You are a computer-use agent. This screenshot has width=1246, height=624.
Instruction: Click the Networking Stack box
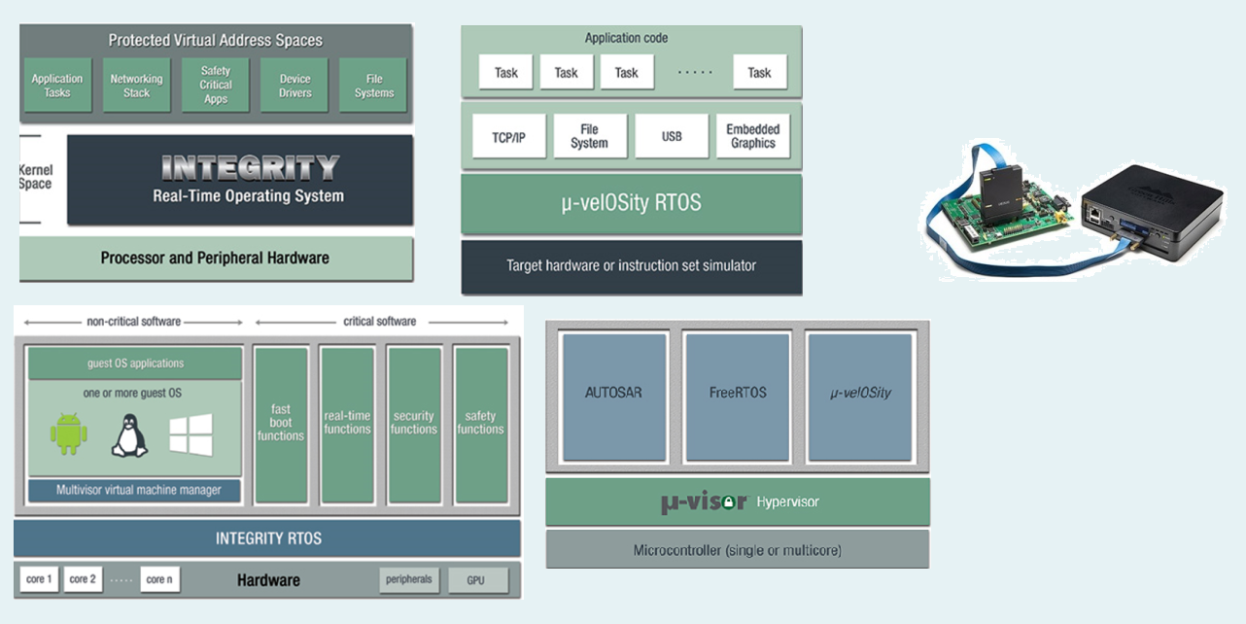coord(136,86)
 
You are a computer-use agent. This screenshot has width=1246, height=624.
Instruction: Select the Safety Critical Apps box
coord(215,86)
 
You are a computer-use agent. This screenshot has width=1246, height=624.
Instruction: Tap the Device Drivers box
coord(294,86)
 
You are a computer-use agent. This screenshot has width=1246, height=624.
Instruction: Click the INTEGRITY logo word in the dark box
coord(250,167)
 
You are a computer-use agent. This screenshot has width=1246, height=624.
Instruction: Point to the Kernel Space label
coord(36,177)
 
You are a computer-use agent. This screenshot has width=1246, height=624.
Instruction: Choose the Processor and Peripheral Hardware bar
coord(217,259)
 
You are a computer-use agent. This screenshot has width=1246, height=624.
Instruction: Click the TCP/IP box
coord(509,137)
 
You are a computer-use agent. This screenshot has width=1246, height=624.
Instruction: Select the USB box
coord(672,136)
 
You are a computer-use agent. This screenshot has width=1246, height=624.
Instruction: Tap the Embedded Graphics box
coord(753,136)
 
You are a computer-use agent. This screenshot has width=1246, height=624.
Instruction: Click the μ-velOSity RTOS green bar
coord(632,203)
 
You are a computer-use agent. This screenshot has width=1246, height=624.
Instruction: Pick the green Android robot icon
coord(68,433)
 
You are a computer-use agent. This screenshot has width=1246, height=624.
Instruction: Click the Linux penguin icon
coord(129,435)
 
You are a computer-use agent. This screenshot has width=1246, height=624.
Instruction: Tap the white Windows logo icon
coord(190,434)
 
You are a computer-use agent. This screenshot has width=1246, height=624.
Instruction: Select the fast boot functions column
coord(281,426)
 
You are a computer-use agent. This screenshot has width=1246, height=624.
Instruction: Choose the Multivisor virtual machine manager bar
coord(135,491)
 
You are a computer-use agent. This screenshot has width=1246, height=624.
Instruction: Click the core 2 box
coord(83,579)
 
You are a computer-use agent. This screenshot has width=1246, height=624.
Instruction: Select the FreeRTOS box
coord(738,398)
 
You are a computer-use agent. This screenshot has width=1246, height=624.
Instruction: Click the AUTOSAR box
coord(614,398)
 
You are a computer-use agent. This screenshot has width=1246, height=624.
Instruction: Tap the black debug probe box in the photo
coord(1152,211)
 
